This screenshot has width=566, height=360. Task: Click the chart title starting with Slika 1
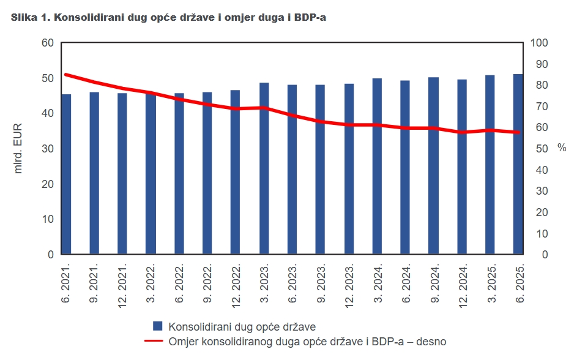coord(168,17)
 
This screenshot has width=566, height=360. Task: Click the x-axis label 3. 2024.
coord(378,282)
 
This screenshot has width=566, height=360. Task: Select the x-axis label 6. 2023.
coord(292,282)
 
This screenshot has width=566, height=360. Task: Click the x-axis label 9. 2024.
coord(434,282)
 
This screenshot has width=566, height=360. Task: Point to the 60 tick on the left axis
coord(48,43)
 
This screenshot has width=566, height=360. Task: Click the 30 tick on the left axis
coord(48,149)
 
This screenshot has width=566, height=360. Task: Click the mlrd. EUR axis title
coord(18,149)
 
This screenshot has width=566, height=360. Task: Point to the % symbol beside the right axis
coord(561,148)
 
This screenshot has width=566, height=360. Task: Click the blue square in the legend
coord(158,326)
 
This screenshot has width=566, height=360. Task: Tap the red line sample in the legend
coord(154,341)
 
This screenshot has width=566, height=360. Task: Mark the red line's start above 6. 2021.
coord(66,75)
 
